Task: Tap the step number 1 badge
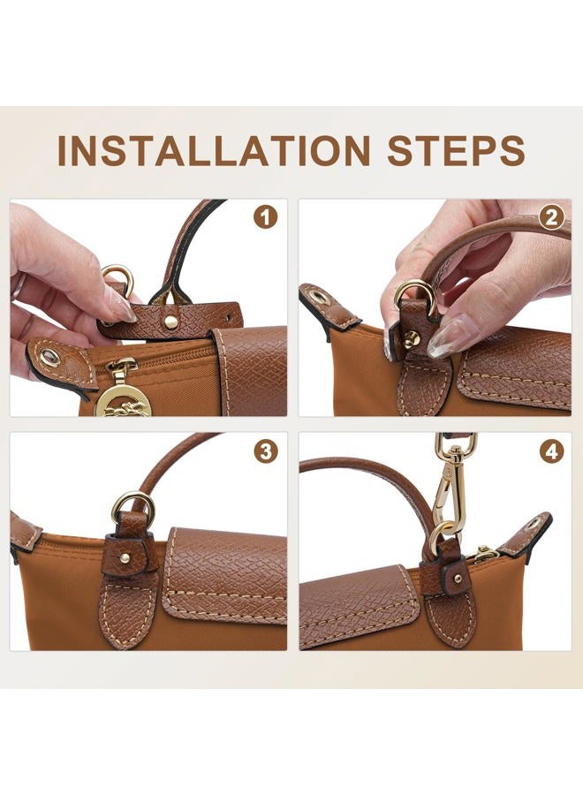tap(266, 218)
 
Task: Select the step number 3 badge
tap(266, 451)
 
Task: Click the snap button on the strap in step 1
tap(171, 322)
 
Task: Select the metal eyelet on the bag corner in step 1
tap(49, 358)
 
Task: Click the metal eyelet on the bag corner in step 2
tap(320, 297)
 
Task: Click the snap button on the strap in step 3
tap(125, 557)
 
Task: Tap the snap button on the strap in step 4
tap(458, 578)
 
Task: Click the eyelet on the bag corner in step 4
tap(534, 524)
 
